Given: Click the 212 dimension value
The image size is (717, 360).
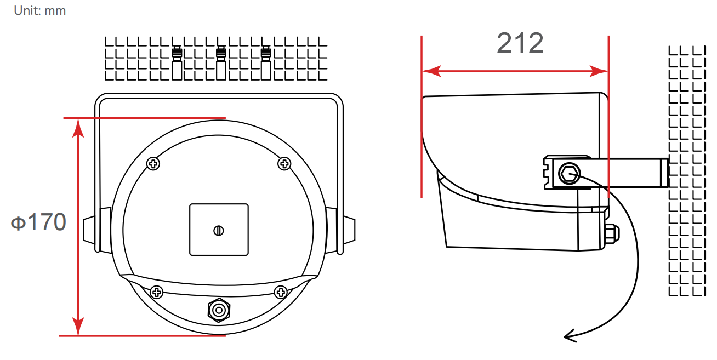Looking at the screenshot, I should coord(520,44).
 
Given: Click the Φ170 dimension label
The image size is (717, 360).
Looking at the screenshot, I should coord(39,222).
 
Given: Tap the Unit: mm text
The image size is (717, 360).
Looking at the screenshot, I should coord(40,10).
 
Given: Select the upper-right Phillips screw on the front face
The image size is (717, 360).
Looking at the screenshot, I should coord(284,163).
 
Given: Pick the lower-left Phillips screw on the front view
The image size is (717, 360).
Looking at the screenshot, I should coord(157,292).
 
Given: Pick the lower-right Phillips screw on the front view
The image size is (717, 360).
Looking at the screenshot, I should coord(281,292).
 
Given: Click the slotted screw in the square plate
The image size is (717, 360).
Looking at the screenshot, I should coord(219,230).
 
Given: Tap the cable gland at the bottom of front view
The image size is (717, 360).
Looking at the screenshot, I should coord(219,310).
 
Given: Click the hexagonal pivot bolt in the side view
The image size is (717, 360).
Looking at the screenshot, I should coord(568,175).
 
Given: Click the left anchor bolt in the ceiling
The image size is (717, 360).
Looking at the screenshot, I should coord(177,64).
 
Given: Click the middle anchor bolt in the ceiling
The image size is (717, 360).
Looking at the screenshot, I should coord(221,64).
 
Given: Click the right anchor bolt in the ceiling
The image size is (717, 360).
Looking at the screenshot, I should coord(266,64).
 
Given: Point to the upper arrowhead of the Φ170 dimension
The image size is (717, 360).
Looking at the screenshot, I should coord(79,125).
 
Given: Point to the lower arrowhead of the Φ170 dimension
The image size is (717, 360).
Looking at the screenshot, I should coord(79,328).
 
